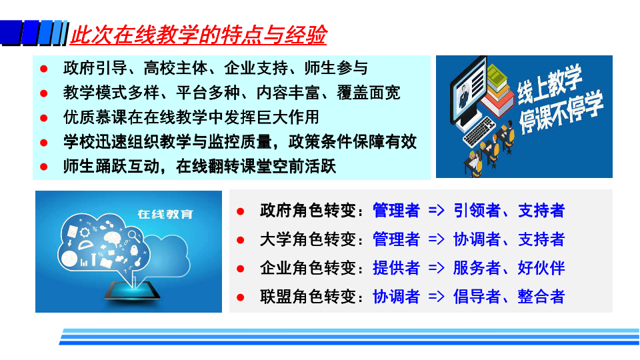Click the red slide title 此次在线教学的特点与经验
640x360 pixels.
(x=199, y=34)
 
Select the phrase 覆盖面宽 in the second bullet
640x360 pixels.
(x=368, y=93)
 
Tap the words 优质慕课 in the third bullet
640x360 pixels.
(x=95, y=117)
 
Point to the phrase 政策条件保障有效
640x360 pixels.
(x=352, y=141)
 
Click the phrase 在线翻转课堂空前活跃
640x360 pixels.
(x=256, y=166)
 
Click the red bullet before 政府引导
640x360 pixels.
(x=44, y=69)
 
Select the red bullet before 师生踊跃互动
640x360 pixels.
(x=44, y=167)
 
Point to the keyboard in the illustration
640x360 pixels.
(x=479, y=131)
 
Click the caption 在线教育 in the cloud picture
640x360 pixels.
(x=165, y=214)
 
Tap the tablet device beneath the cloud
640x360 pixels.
(x=132, y=291)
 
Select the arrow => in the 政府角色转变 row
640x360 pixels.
(x=436, y=211)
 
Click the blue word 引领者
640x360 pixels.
(x=477, y=211)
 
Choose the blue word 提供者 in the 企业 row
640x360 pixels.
(x=396, y=268)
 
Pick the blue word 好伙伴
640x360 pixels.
(x=541, y=268)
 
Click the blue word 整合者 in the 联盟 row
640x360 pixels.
(x=541, y=297)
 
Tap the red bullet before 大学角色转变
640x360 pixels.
(x=241, y=240)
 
